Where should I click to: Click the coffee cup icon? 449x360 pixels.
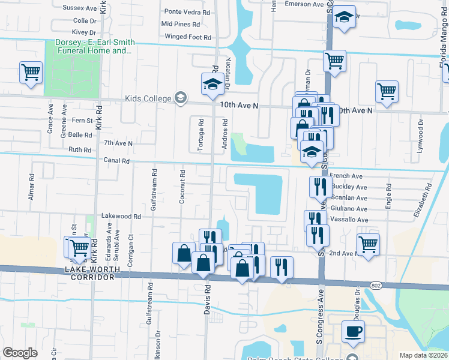point(353,331)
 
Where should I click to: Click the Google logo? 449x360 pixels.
point(20,353)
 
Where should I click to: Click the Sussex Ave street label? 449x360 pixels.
point(80,9)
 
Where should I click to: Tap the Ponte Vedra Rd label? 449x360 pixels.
point(187,11)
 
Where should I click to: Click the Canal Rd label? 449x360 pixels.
point(116,161)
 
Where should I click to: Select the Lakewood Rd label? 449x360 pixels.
point(121,216)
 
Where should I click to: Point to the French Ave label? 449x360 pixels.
point(346,176)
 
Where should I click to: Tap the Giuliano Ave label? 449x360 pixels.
point(349,209)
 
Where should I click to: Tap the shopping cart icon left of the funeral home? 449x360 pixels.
point(31,72)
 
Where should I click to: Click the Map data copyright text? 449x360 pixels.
point(423,355)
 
